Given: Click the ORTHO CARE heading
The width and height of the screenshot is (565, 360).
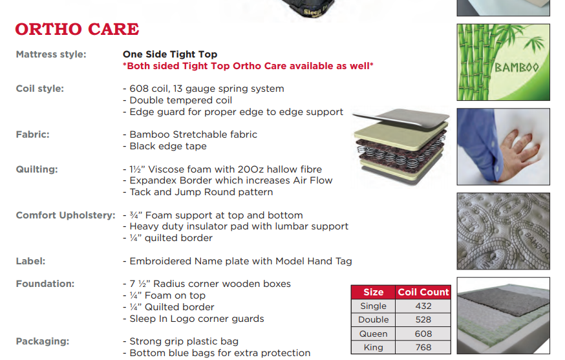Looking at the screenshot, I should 77,29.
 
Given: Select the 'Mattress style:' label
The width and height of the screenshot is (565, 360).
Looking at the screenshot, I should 51,54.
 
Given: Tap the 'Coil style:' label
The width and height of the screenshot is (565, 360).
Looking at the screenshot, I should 40,89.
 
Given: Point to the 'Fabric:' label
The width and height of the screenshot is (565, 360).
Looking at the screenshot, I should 33,134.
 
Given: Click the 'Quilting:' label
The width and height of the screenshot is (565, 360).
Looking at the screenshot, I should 37,169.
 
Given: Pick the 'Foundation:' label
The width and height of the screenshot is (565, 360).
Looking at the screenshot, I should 45,284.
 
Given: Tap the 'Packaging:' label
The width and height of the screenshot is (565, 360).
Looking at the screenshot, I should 43,341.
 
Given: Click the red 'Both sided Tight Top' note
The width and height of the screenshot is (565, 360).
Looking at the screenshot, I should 248,66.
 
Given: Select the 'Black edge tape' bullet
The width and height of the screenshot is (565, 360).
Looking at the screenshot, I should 168,146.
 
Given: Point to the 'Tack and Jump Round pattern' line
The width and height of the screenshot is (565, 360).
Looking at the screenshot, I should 198,192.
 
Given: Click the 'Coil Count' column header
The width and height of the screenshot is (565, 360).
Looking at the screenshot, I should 423,292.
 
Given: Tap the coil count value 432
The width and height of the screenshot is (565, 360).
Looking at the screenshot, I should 423,306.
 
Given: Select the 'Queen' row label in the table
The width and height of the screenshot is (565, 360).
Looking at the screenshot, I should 374,334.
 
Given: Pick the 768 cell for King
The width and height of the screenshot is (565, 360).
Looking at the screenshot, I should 423,347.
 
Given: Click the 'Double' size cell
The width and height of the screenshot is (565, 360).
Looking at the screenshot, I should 374,320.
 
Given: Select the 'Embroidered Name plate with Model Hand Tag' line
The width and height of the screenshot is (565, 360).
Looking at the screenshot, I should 237,261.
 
